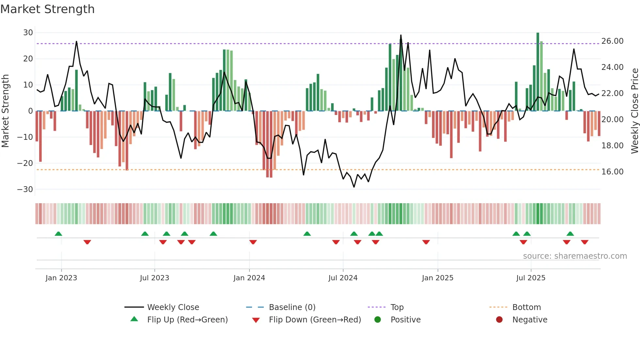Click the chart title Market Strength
coord(48,9)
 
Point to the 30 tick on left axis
coord(28,33)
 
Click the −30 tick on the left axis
coord(25,189)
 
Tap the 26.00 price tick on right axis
coord(612,41)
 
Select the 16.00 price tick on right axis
coord(612,172)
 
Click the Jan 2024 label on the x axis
coord(249,278)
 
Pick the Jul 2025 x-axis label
coord(531,278)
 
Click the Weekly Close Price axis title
coord(634,111)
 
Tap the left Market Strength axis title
coord(6,111)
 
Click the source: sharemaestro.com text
coord(575,256)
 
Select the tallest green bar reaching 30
coord(538,72)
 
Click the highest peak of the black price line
coord(401,35)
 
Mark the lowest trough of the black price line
coord(354,187)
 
